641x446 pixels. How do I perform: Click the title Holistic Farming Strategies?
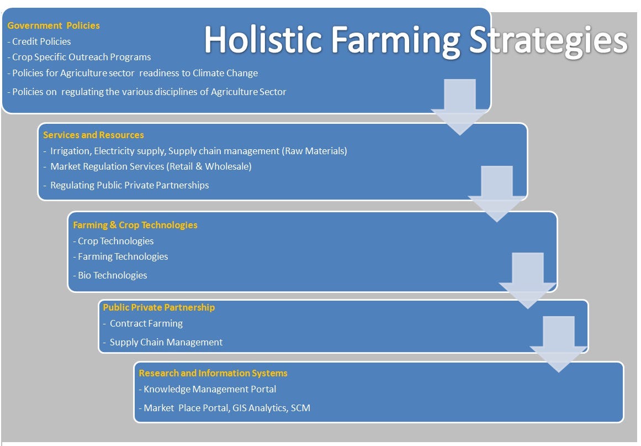[415, 40]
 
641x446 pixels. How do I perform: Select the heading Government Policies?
[54, 25]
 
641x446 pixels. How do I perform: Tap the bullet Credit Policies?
[39, 41]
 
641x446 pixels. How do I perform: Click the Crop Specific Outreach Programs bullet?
[80, 57]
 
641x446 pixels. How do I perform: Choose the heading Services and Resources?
[94, 135]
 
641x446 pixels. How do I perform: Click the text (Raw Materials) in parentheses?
[314, 151]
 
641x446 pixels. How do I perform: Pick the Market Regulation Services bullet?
[147, 166]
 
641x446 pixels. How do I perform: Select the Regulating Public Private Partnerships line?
[126, 185]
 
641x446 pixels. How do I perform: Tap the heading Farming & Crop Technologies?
[135, 225]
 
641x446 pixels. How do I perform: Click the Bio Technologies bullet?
[110, 275]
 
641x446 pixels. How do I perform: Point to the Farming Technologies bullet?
[120, 256]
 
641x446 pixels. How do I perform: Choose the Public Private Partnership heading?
[159, 307]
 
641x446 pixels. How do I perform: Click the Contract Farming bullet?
[143, 323]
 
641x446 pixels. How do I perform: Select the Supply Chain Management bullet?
[163, 342]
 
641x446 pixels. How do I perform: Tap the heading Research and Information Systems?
[213, 373]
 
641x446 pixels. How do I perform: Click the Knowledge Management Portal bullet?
[208, 389]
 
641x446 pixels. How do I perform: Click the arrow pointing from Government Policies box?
[460, 107]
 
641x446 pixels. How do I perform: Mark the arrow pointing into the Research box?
[558, 344]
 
